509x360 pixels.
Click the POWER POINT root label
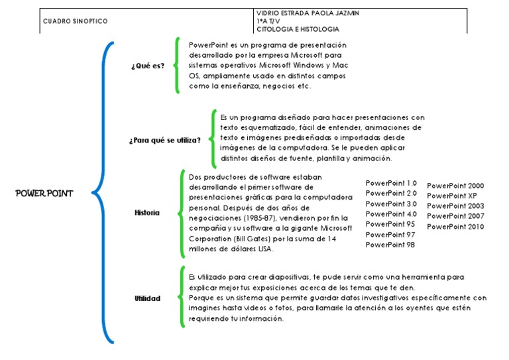point(44,194)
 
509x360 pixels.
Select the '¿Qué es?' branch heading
point(148,66)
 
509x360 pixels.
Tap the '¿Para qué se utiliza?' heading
point(165,140)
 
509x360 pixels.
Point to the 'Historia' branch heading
point(146,213)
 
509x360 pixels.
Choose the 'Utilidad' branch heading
point(147,298)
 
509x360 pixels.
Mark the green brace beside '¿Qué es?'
point(176,65)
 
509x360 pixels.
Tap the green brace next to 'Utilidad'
point(180,297)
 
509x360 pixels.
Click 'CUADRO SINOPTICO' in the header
point(75,21)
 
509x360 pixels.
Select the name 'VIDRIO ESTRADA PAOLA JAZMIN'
point(308,13)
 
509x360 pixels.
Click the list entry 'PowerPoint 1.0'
point(391,183)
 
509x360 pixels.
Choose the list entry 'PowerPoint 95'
point(390,224)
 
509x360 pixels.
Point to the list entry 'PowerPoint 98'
point(390,245)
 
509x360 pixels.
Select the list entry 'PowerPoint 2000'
point(455,186)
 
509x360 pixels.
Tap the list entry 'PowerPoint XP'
point(451,196)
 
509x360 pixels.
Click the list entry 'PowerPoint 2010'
point(455,227)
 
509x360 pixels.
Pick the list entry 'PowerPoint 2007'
point(455,217)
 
